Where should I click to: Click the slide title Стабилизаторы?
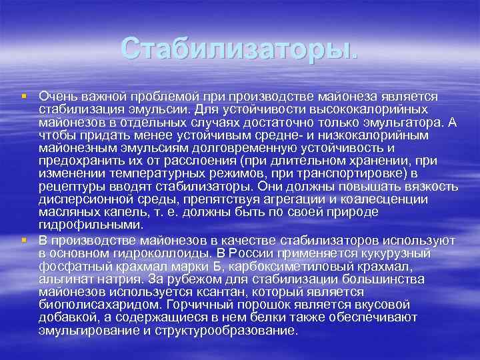pyautogui.click(x=239, y=47)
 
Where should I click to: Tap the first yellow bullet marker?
pyautogui.click(x=24, y=97)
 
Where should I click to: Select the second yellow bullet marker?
pyautogui.click(x=24, y=239)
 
